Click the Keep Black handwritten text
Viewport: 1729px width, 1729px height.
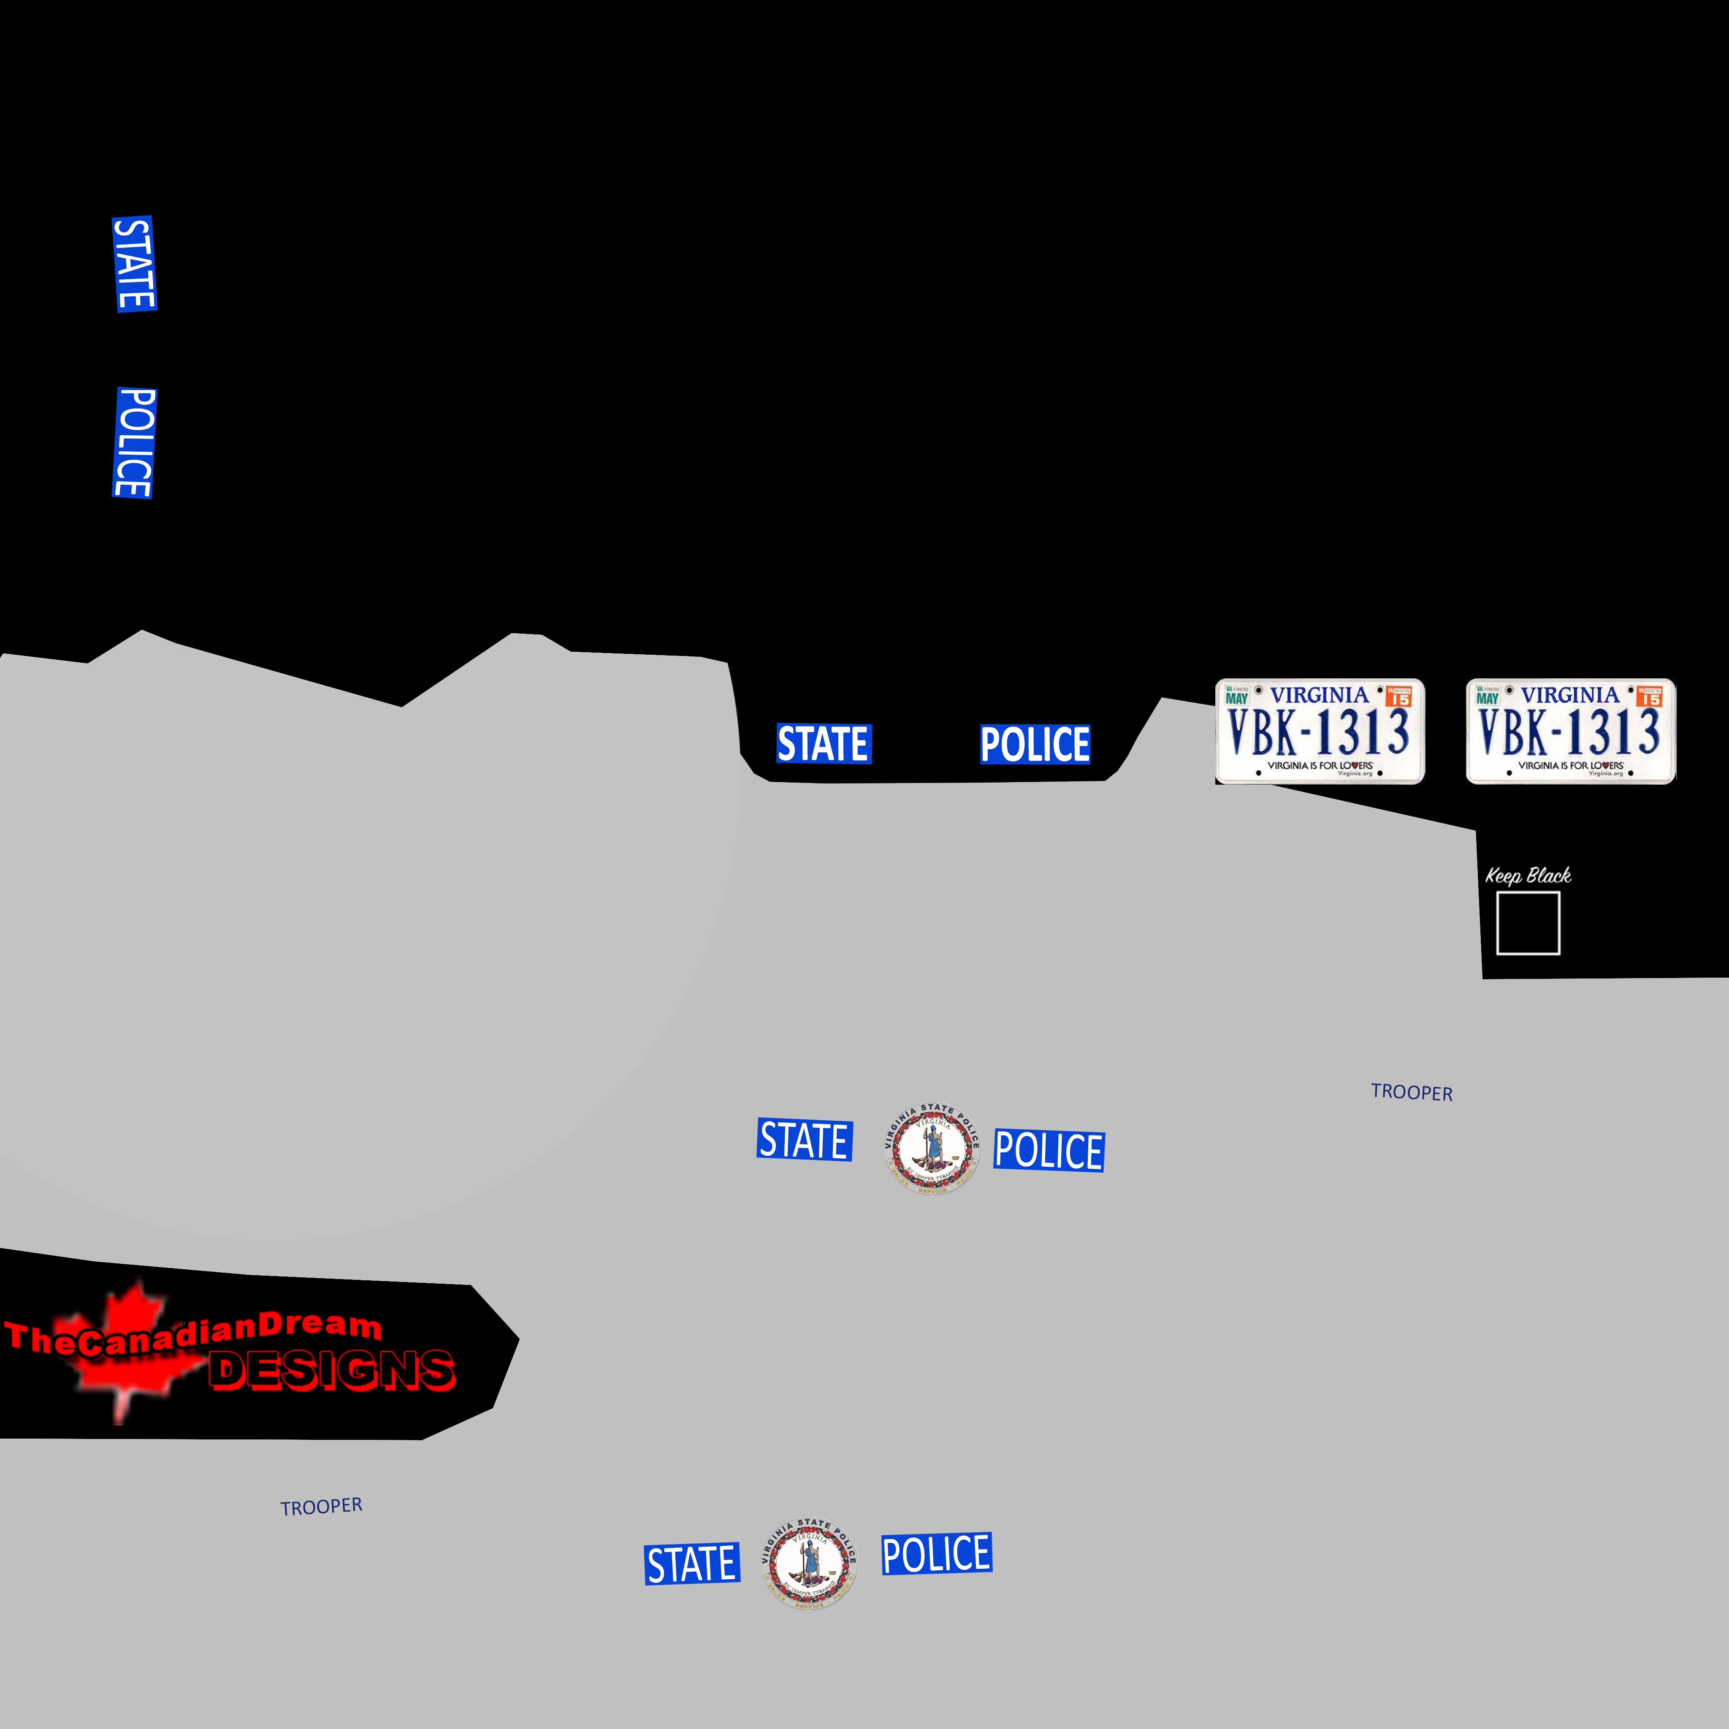(x=1528, y=875)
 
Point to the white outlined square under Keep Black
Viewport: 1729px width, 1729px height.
(x=1528, y=923)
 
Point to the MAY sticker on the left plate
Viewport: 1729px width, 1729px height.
(x=1237, y=697)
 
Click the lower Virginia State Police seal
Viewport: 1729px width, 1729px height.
(x=809, y=1563)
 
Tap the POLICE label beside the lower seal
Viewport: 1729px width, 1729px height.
(x=936, y=1553)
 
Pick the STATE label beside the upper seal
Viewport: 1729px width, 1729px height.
(x=805, y=1140)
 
